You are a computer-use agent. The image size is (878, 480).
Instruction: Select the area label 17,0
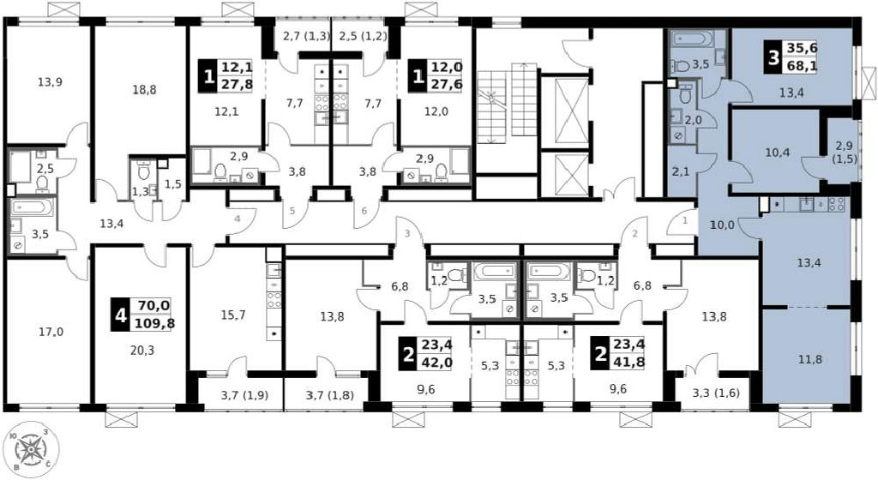pos(51,332)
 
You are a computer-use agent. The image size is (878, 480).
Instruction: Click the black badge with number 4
pos(120,315)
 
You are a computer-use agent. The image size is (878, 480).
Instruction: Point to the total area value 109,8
pos(153,323)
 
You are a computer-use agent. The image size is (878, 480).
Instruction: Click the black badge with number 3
pos(774,57)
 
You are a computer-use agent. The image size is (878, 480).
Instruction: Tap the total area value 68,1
pos(802,66)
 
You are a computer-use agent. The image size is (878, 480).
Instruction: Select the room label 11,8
pos(810,359)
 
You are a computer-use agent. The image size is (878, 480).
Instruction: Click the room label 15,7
pos(233,315)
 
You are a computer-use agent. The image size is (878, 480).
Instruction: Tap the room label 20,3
pos(141,351)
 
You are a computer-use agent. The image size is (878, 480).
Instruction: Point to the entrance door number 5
pos(292,212)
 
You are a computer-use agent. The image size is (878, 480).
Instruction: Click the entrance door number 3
pos(407,233)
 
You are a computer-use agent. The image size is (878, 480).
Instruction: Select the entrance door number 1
pos(684,221)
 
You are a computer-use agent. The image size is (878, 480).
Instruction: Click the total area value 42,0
pos(437,362)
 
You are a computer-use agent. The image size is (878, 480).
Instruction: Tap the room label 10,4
pos(778,152)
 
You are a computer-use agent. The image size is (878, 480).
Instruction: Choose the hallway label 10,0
pos(722,225)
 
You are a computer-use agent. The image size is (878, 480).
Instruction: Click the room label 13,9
pos(50,82)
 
